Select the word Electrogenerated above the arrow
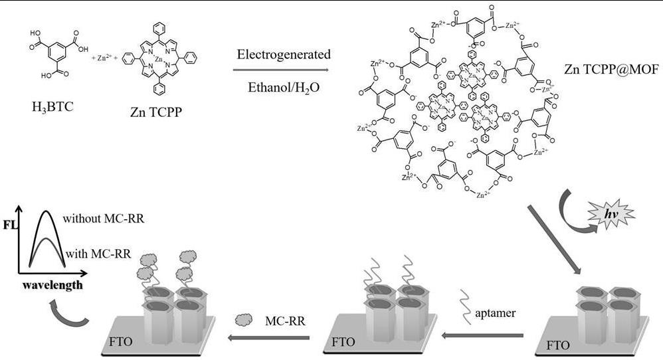[x=282, y=54]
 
